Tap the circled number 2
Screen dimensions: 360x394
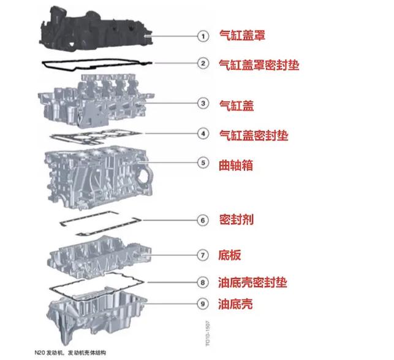[x=202, y=63]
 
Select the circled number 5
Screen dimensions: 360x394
[x=202, y=163]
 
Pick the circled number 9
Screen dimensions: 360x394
[x=202, y=303]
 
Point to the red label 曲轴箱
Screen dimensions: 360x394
[x=236, y=164]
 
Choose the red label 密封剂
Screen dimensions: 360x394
[x=236, y=219]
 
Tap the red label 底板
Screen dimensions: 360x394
[x=230, y=253]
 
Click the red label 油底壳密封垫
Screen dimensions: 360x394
[x=252, y=283]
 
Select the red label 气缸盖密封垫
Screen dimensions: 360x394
[x=253, y=133]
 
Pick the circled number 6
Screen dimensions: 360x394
[x=202, y=219]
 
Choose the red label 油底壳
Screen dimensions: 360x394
[x=236, y=304]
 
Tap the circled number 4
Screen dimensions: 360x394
[x=202, y=132]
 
